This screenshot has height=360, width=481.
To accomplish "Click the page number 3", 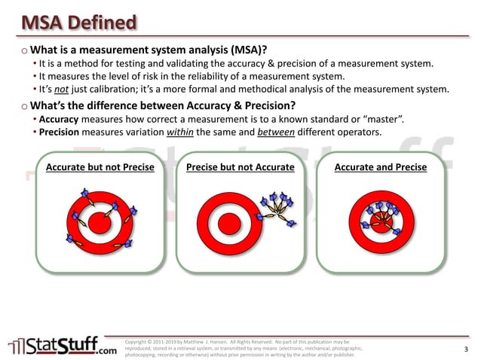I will [466, 349].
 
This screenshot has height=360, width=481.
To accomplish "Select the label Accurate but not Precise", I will [100, 166].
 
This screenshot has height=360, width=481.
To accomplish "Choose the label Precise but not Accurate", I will [240, 166].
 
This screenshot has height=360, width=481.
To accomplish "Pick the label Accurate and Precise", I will [380, 166].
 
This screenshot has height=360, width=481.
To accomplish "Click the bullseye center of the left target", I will [99, 220].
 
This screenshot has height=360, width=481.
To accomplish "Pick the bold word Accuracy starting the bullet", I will [59, 120].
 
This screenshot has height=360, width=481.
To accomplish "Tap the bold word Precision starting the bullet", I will [60, 133].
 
